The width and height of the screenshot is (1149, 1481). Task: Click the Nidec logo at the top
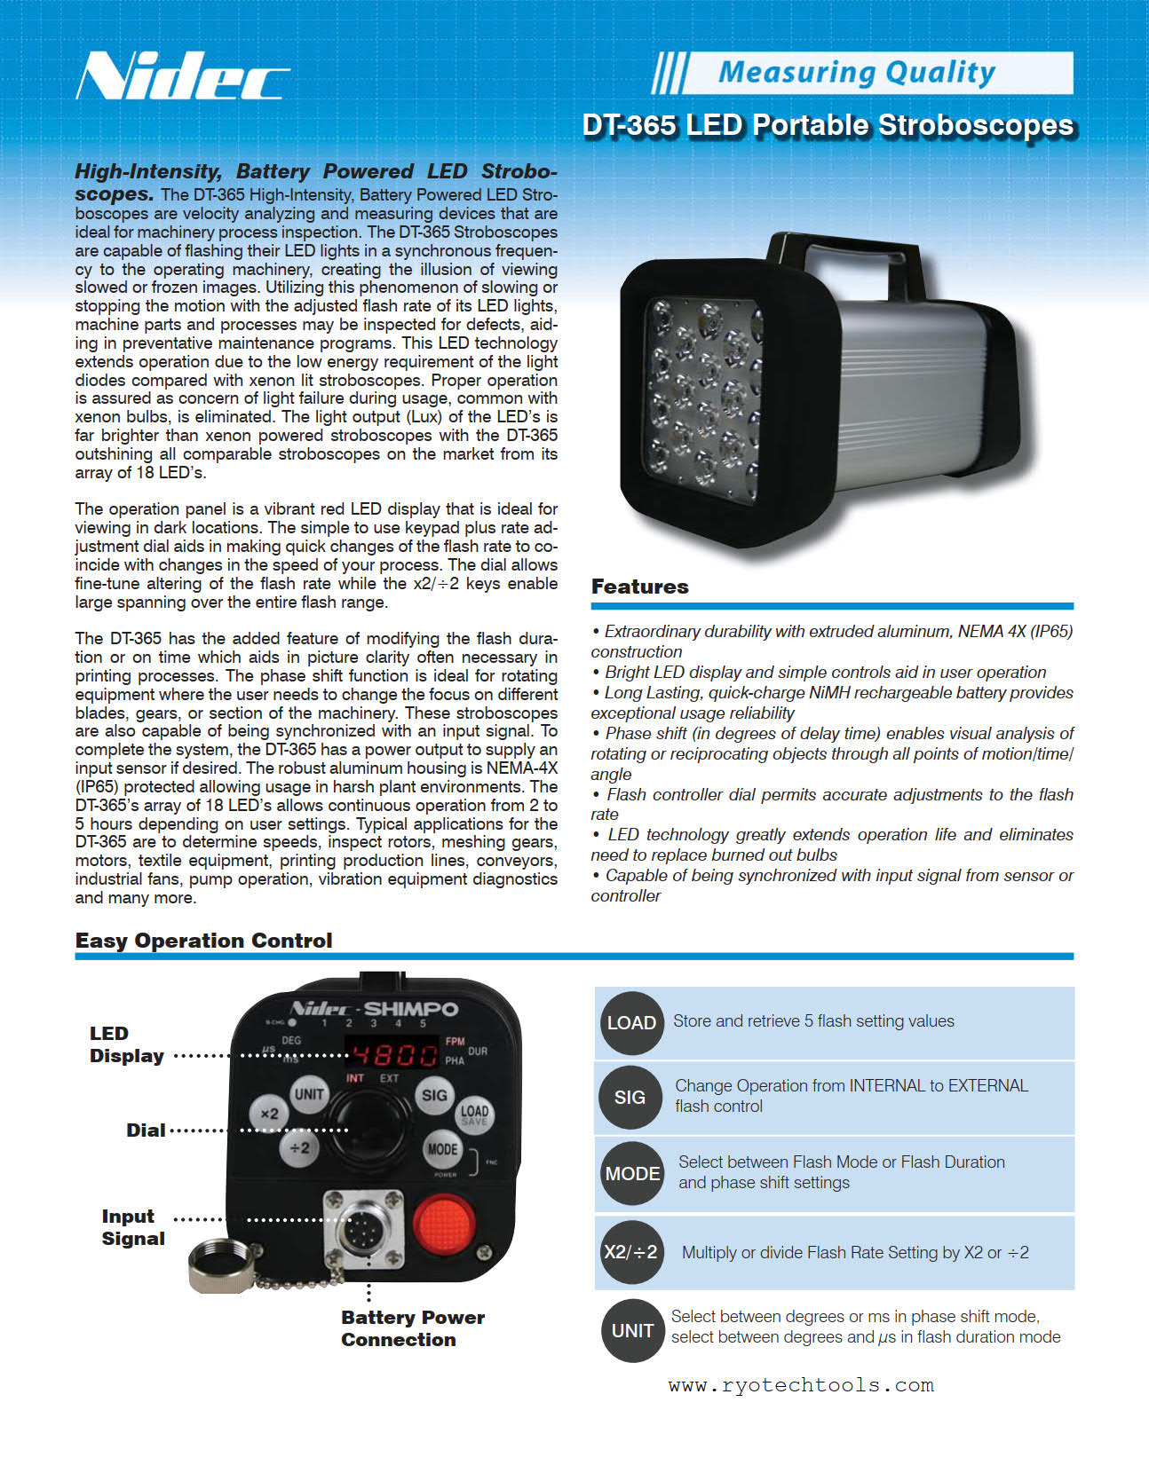pos(182,76)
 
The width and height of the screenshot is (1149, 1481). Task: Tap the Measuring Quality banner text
pos(856,72)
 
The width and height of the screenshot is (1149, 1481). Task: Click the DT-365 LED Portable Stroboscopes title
pos(828,125)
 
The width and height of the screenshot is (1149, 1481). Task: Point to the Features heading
pos(639,587)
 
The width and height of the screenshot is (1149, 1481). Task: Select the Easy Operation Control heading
pos(203,941)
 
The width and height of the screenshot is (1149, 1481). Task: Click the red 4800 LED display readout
pos(395,1054)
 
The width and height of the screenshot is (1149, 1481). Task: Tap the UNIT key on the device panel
pos(309,1094)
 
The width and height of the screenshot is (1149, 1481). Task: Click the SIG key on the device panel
pos(434,1095)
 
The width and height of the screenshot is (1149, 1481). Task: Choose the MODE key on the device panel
pos(442,1149)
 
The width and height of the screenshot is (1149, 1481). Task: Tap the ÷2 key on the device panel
pos(300,1148)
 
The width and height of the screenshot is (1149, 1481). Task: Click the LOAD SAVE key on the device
pos(474,1115)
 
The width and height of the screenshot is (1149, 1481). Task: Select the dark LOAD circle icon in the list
pos(631,1023)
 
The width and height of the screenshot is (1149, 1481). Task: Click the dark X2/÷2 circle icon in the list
pos(631,1252)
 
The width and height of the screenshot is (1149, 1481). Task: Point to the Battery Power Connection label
pos(412,1328)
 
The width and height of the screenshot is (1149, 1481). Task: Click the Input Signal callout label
pos(132,1227)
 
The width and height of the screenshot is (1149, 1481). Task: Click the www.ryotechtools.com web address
pos(801,1385)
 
